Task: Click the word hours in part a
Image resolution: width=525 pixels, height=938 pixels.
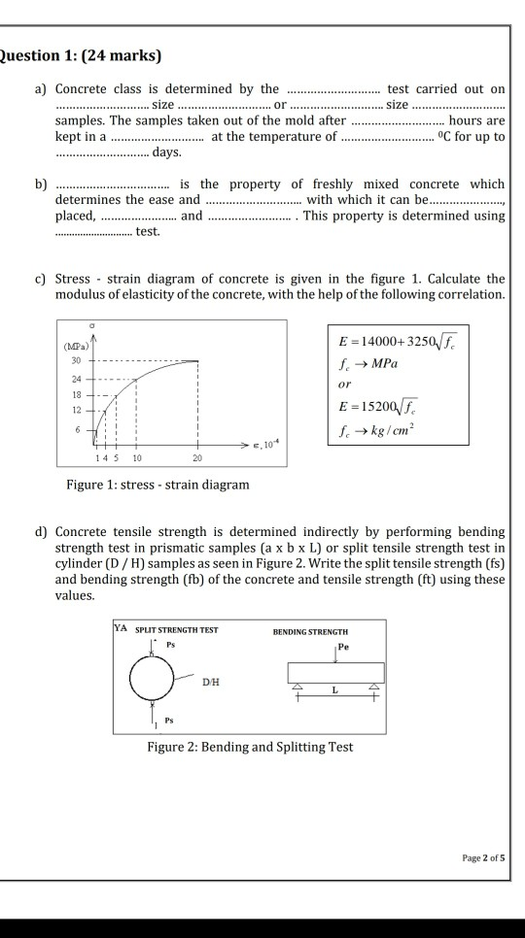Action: pos(480,121)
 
